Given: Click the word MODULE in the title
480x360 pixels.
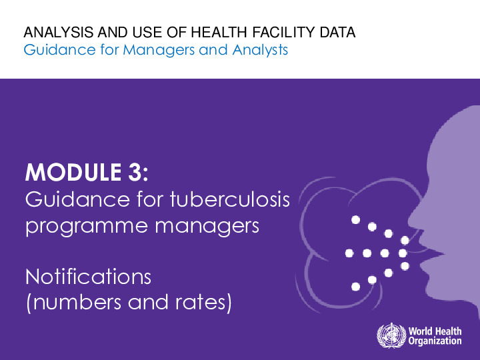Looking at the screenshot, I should click(73, 174).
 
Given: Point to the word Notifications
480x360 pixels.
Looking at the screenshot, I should click(88, 275).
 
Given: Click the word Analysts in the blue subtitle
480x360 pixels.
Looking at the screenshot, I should click(263, 50).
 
